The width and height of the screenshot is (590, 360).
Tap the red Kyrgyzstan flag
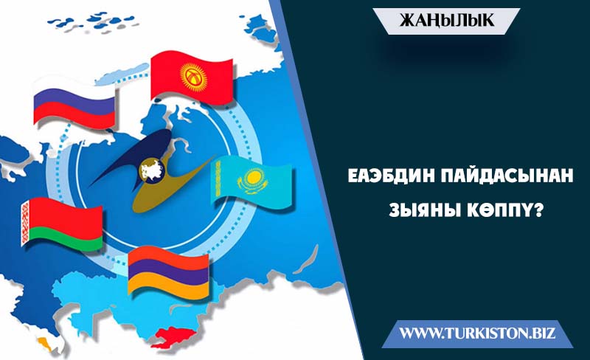192,79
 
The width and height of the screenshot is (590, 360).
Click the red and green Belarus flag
62,224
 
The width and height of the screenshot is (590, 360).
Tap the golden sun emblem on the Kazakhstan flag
251,177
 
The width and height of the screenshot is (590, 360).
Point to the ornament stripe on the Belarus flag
25,223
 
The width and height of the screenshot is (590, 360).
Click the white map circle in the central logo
152,170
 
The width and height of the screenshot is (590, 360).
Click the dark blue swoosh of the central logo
132,156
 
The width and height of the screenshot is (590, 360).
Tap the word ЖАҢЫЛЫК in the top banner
447,21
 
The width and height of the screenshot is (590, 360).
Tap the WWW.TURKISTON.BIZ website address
477,333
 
